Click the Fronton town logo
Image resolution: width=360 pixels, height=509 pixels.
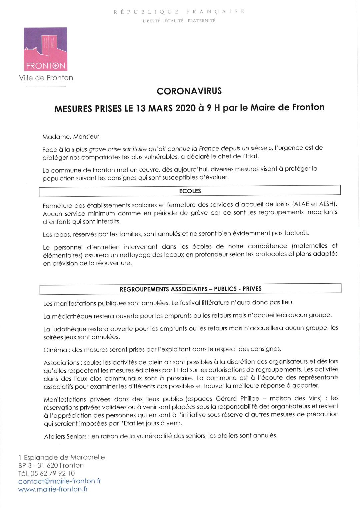45,49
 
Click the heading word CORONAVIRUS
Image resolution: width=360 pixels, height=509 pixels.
189,91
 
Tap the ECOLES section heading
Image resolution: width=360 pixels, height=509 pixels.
190,191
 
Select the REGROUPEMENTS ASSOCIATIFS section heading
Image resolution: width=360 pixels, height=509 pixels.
190,289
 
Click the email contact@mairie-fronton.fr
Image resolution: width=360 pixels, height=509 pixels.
60,481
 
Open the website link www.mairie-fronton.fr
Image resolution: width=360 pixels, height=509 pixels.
53,489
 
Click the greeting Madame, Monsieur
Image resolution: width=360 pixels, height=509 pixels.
71,137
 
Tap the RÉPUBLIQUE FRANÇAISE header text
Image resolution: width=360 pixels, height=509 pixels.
179,12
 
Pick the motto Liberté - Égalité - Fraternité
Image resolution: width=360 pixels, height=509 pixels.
179,21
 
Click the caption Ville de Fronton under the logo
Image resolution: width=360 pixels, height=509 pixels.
46,78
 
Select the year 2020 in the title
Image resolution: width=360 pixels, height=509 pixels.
185,108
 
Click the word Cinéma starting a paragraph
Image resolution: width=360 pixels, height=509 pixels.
55,350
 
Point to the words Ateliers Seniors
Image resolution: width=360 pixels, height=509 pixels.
65,436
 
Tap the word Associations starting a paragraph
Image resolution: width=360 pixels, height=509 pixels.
61,363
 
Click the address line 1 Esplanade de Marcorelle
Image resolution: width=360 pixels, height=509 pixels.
62,457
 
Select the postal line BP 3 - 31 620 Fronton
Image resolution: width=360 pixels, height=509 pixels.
51,465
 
